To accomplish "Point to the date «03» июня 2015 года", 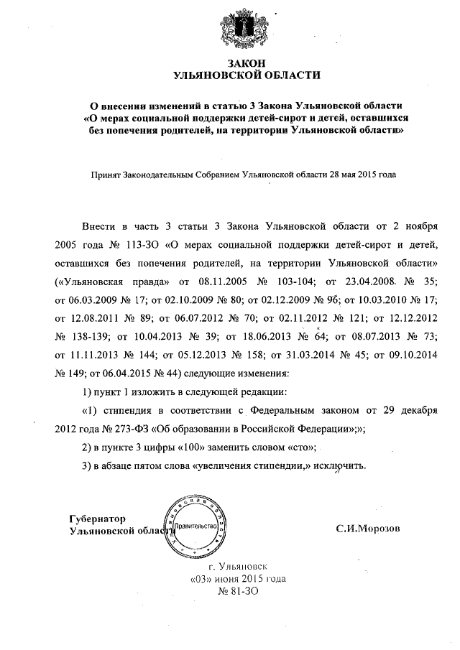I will coord(239,579).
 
